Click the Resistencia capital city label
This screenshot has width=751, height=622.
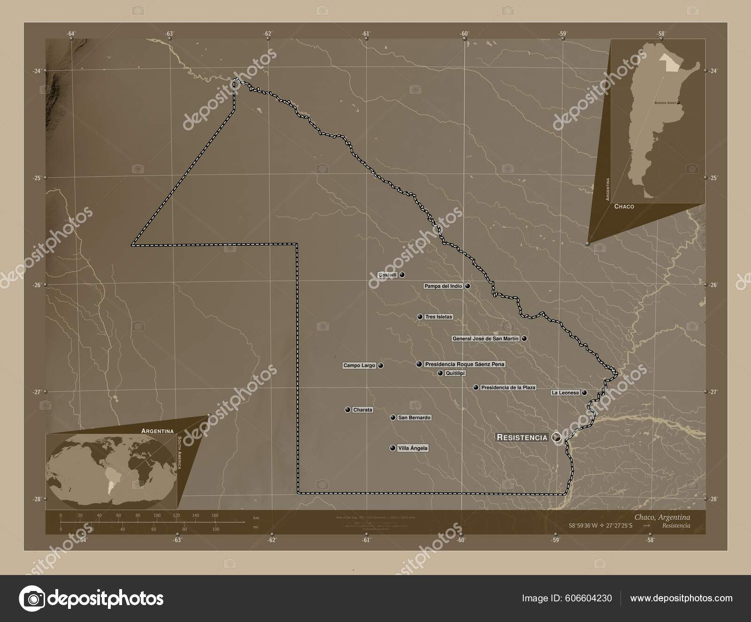coord(522,437)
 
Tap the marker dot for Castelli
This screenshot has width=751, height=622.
coord(402,275)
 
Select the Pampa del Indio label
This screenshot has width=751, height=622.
coord(443,286)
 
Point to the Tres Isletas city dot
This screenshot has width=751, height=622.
coord(420,317)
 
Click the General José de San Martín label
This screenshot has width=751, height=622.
coord(485,338)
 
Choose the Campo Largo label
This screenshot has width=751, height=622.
coord(359,365)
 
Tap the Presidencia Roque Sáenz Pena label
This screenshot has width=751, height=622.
coord(465,364)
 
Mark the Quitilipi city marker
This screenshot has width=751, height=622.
coord(440,373)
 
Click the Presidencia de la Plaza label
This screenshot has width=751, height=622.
coord(508,388)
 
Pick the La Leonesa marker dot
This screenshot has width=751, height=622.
coord(584,393)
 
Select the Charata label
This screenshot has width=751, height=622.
coord(363,410)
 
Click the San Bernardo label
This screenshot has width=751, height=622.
coord(414,418)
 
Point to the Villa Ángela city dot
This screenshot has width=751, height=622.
coord(392,448)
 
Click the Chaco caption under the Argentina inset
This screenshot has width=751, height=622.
coord(624,206)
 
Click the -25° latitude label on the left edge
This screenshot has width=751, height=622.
coord(37,178)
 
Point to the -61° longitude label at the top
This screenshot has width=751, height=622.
coord(366,33)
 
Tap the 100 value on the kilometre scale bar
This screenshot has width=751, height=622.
coord(157,515)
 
